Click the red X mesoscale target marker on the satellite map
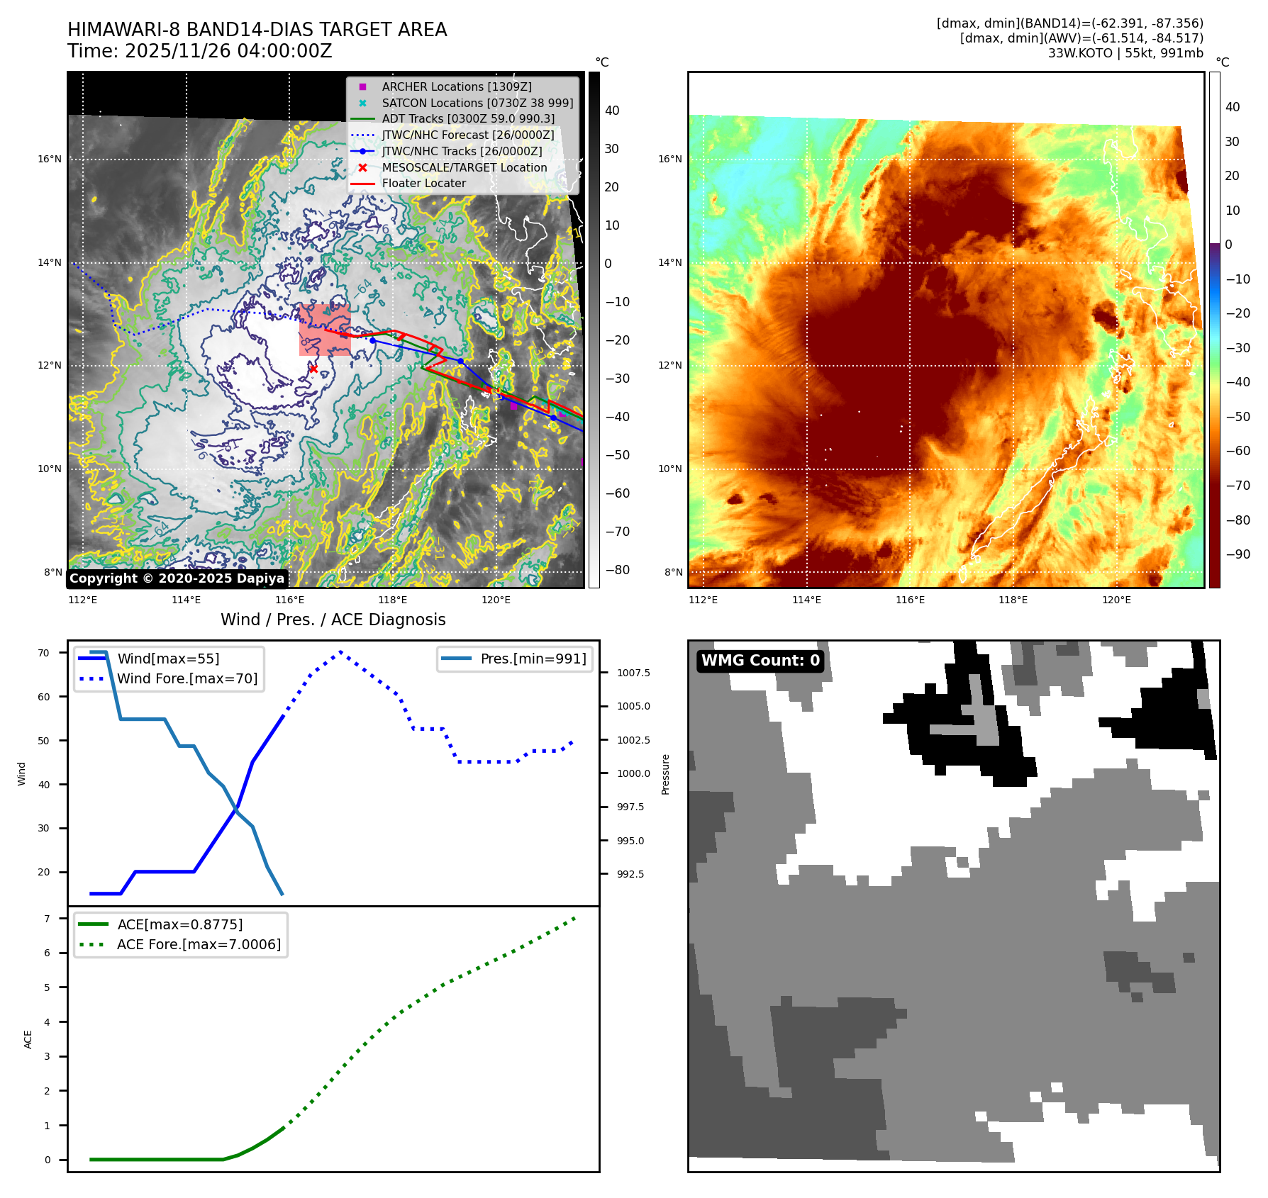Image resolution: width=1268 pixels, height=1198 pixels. tap(313, 369)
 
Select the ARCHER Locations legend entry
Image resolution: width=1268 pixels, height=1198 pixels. tap(456, 86)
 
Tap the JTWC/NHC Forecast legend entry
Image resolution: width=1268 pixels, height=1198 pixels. tap(467, 135)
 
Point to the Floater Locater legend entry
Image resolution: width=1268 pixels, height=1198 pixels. tap(423, 183)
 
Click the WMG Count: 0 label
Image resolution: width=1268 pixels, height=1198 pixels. tap(760, 661)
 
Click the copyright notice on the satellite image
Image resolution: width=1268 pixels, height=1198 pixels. tap(177, 578)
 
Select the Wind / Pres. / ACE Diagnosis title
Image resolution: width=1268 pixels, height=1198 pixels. tap(333, 620)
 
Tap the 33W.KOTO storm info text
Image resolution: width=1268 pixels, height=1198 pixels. tap(1125, 53)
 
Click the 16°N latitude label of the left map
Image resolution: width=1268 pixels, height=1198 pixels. tap(50, 159)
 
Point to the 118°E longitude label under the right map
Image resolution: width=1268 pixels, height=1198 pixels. tap(1013, 600)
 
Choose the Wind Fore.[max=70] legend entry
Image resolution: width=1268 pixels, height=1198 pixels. tap(187, 678)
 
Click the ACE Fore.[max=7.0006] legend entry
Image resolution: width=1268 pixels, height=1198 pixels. tap(199, 944)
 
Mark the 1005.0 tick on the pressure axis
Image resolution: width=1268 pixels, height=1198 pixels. tap(633, 706)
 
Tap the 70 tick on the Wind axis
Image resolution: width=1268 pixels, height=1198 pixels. tap(44, 653)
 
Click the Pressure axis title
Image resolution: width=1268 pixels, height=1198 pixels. tap(665, 774)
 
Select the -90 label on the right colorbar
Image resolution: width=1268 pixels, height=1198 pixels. tap(1238, 554)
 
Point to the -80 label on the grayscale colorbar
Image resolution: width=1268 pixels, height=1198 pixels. tap(617, 570)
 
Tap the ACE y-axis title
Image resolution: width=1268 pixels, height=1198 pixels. tap(28, 1039)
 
